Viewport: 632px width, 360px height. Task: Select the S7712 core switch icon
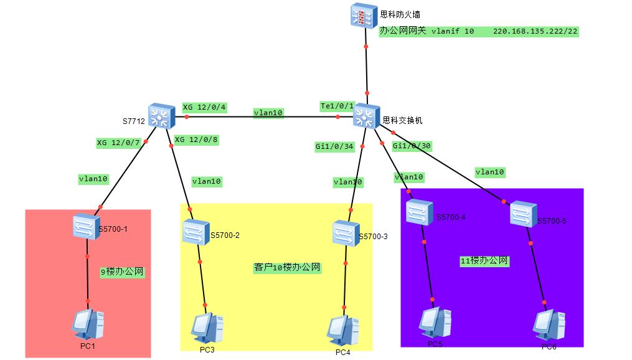(163, 116)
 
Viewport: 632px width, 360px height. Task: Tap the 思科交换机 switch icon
(366, 116)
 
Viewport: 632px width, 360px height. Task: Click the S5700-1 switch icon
(86, 225)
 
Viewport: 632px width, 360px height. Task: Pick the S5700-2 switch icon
(196, 232)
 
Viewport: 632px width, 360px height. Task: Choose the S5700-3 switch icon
(344, 233)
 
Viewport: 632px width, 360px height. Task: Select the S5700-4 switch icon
(420, 212)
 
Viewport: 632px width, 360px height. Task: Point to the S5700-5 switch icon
(524, 215)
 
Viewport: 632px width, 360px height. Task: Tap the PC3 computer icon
(207, 328)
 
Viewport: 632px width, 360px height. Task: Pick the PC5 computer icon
(434, 322)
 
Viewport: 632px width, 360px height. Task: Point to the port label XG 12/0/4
(204, 107)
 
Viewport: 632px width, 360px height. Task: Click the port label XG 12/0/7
(118, 143)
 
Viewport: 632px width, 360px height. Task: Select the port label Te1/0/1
(337, 106)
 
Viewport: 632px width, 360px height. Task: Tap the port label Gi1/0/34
(334, 147)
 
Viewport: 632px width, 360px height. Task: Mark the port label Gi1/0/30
(412, 146)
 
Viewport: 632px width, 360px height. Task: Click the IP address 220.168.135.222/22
(535, 31)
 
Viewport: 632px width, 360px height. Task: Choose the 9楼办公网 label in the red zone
(123, 272)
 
